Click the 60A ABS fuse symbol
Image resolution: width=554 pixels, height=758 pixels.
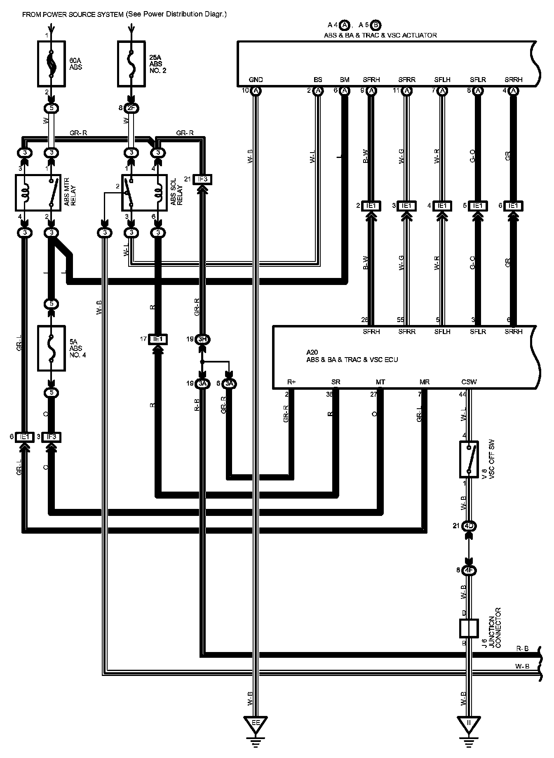tap(51, 64)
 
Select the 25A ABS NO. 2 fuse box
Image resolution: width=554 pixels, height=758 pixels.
tap(131, 64)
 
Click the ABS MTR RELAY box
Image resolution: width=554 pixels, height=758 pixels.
tap(39, 193)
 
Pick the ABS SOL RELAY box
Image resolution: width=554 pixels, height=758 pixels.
tap(144, 193)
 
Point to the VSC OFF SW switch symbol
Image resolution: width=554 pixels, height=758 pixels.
tap(469, 459)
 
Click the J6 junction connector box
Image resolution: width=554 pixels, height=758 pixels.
tap(469, 629)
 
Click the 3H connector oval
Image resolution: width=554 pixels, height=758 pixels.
tap(202, 339)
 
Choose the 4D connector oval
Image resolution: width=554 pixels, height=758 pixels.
tap(469, 526)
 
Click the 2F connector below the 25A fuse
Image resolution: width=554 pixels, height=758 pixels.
tap(132, 108)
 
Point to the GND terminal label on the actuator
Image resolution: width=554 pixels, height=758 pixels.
tap(256, 80)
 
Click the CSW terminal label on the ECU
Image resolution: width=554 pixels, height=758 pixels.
tap(469, 382)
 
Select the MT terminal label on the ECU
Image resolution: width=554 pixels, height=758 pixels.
tap(380, 382)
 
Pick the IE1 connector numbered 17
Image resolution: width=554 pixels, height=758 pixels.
tap(157, 339)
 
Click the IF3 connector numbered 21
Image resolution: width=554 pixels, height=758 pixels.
tap(202, 179)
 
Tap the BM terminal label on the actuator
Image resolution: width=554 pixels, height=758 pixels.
tap(345, 80)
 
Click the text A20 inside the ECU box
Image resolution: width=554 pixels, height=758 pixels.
tap(312, 352)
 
